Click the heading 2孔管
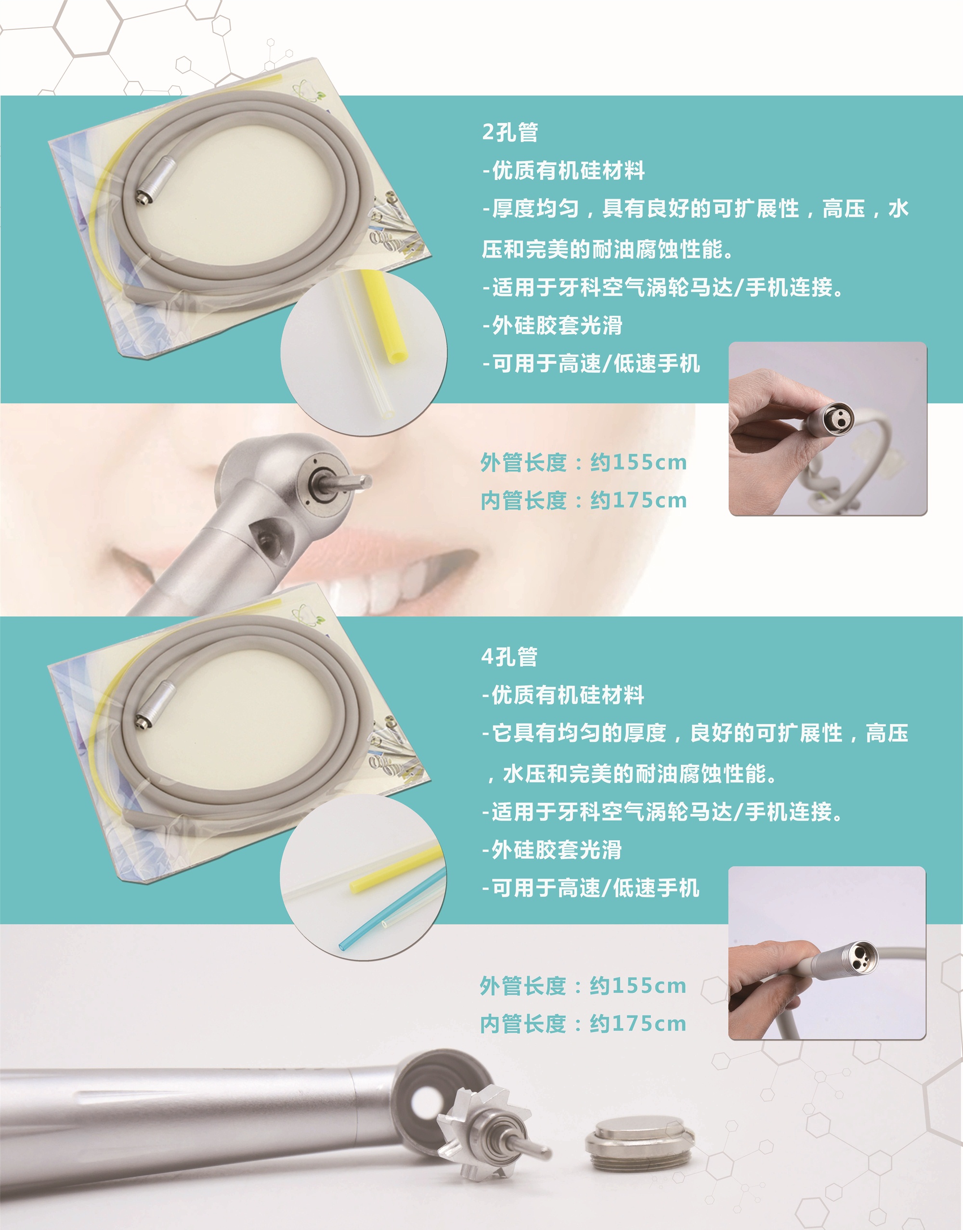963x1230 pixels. click(510, 132)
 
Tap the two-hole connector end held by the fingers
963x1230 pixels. click(829, 417)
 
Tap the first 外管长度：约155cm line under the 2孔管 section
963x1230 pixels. click(584, 463)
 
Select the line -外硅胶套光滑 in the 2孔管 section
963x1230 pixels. click(553, 325)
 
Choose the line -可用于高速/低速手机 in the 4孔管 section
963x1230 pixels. click(590, 888)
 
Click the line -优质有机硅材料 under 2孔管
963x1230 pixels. click(563, 170)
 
